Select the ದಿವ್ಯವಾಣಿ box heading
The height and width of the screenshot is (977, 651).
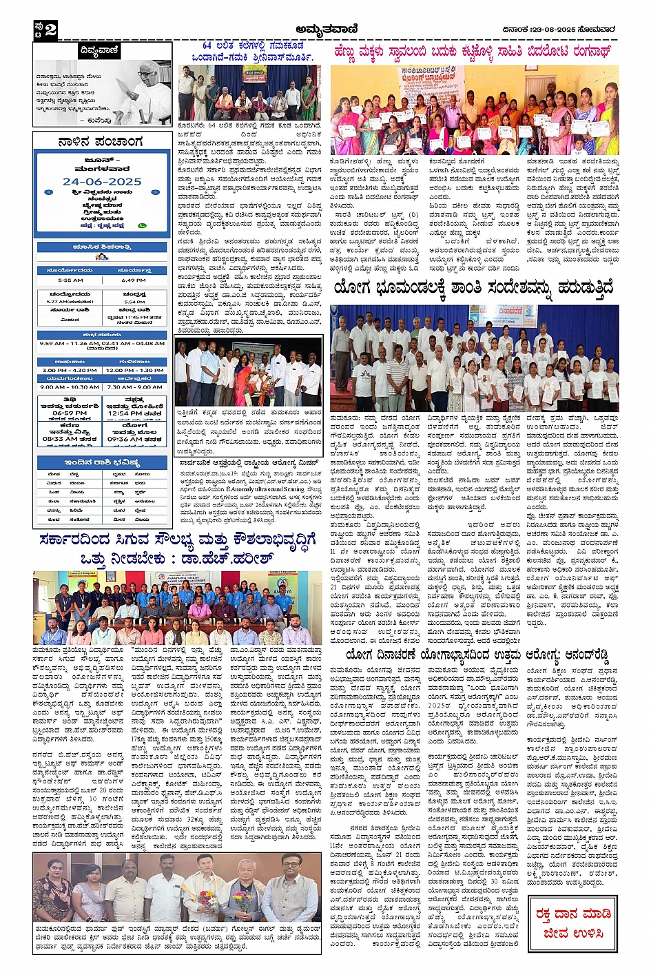pyautogui.click(x=99, y=52)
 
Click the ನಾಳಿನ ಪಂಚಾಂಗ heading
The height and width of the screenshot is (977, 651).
pyautogui.click(x=101, y=142)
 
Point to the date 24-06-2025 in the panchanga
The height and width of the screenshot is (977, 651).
pyautogui.click(x=101, y=182)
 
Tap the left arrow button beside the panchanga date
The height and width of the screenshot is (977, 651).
pyautogui.click(x=49, y=192)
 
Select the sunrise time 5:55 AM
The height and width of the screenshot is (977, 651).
pyautogui.click(x=70, y=280)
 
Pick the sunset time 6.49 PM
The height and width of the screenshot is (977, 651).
pyautogui.click(x=133, y=280)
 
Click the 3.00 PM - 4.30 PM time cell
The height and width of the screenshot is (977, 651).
pyautogui.click(x=70, y=370)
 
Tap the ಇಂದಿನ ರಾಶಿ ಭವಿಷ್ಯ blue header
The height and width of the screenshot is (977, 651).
pyautogui.click(x=102, y=462)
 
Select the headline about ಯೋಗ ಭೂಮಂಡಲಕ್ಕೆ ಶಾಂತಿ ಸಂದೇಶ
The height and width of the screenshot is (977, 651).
pyautogui.click(x=473, y=289)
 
